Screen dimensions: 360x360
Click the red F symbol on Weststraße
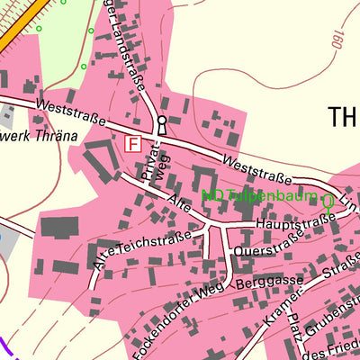(133, 143)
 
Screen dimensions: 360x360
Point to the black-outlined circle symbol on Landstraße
(162, 120)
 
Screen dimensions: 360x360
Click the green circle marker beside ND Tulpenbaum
(328, 202)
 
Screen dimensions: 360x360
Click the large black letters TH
(343, 117)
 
